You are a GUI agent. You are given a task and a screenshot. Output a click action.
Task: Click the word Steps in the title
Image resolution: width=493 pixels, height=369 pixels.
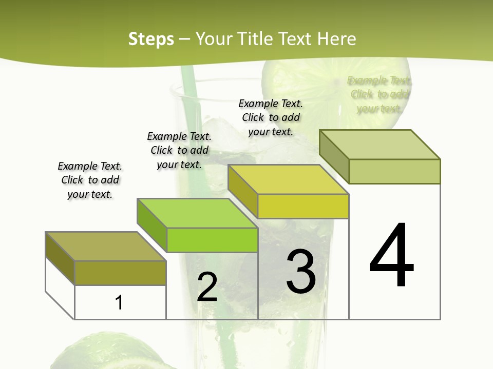(150, 39)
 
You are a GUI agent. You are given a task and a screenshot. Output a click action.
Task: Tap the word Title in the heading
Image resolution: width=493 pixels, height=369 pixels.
(254, 39)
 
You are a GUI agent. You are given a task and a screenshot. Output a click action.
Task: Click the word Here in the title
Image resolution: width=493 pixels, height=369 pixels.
(336, 39)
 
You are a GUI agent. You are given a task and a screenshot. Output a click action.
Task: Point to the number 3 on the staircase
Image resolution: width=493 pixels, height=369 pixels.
(301, 272)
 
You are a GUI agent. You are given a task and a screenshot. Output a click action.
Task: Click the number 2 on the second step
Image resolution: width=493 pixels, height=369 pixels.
(207, 287)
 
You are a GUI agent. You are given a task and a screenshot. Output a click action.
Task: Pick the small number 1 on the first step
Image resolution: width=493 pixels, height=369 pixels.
(119, 303)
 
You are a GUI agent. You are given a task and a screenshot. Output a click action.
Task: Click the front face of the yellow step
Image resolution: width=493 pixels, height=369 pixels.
(303, 207)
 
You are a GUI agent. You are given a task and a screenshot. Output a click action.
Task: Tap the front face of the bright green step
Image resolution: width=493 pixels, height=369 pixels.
(212, 240)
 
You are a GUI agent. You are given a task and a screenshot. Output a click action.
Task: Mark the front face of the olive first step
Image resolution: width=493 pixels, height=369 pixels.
(120, 273)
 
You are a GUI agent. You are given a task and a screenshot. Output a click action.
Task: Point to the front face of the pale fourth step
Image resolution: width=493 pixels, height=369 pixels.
(394, 171)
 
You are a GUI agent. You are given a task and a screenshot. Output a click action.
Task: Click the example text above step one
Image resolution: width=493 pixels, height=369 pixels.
(90, 180)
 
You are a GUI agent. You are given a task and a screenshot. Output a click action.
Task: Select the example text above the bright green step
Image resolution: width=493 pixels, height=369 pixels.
(179, 150)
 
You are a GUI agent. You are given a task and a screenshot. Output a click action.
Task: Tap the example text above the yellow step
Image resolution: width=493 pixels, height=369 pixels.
(271, 117)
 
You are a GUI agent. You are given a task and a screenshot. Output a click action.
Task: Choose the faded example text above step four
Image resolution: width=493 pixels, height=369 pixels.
(380, 94)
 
